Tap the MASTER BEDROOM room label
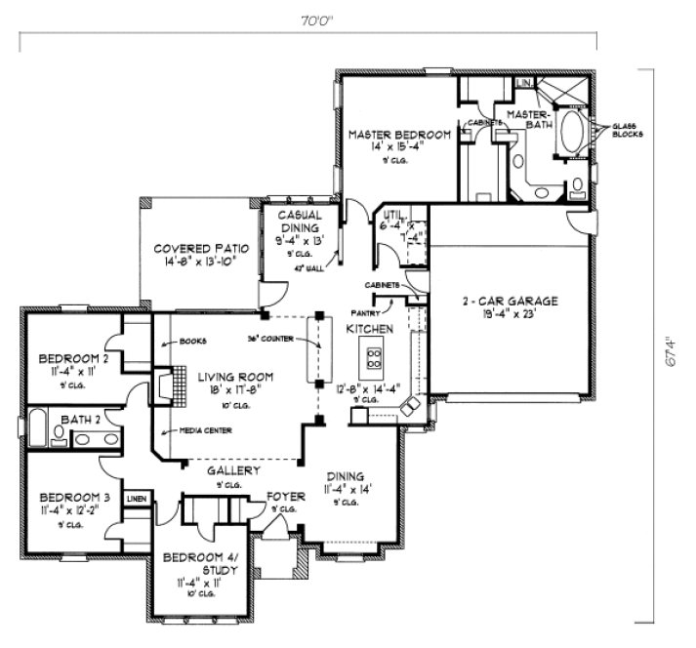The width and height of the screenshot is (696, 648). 399,134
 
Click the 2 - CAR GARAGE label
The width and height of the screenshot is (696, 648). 510,302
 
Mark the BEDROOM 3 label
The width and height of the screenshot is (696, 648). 72,497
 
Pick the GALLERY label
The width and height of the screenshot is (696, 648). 234,470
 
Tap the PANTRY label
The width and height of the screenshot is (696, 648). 382,312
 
